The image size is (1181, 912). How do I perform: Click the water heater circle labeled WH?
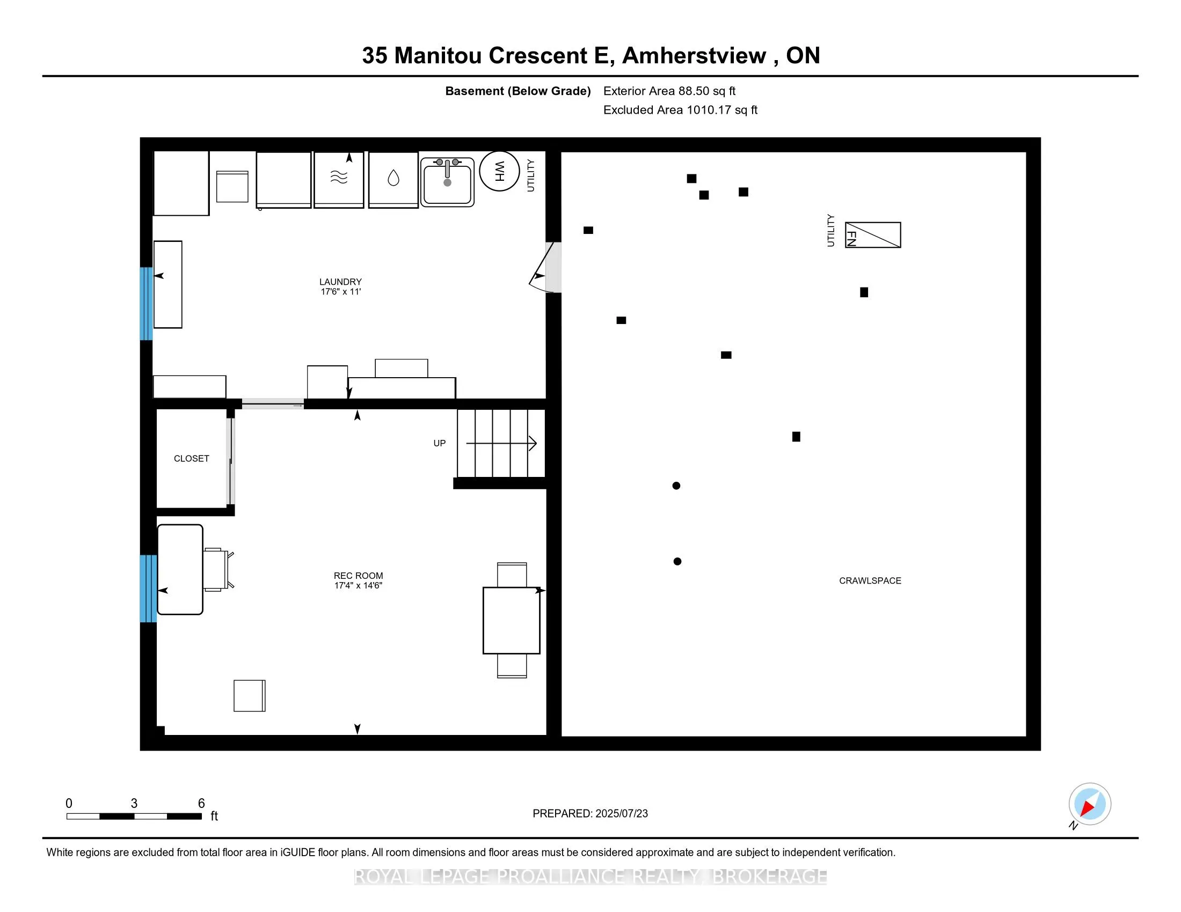coord(499,171)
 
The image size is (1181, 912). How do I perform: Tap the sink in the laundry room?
coord(447,182)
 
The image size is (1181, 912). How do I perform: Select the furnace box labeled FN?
coord(873,235)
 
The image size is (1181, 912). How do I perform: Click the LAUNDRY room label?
coord(340,282)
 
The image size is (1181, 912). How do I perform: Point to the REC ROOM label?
coord(358,576)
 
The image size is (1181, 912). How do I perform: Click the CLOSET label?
coord(192,458)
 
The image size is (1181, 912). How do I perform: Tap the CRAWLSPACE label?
coord(870,580)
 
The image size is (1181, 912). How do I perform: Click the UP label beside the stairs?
coord(440,443)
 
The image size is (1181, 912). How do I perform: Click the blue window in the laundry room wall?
coord(146,304)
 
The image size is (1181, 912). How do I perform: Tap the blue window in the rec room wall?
coord(148,589)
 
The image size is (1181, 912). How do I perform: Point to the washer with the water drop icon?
coord(393,179)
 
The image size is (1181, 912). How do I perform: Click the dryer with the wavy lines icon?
coord(339,179)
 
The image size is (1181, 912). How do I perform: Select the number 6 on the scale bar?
coord(201,804)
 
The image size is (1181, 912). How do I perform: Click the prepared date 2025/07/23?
coord(621,813)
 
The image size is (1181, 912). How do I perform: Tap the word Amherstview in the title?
coord(694,56)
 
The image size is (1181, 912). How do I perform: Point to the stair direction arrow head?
coord(533,444)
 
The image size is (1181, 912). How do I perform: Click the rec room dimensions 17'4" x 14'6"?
coord(358,585)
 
